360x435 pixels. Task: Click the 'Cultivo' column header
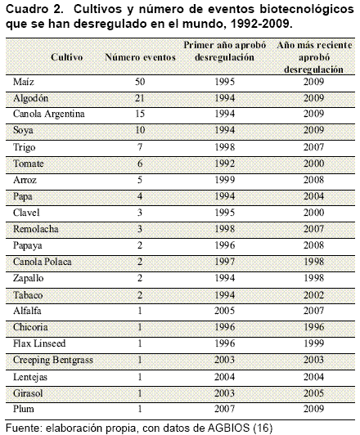click(x=67, y=57)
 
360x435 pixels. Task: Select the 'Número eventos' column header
click(x=140, y=57)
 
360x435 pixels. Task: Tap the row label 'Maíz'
click(x=24, y=82)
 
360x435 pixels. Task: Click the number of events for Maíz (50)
click(x=140, y=82)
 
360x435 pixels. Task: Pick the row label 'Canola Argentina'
click(x=48, y=114)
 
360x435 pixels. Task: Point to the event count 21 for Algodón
click(x=140, y=98)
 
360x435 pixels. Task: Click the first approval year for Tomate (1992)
click(x=224, y=164)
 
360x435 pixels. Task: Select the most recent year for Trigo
click(x=313, y=146)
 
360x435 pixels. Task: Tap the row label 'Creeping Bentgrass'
click(x=52, y=360)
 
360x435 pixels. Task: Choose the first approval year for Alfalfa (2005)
click(x=224, y=311)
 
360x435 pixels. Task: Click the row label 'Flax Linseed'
click(x=39, y=343)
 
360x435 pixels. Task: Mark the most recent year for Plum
click(x=313, y=409)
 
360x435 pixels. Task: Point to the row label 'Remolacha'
click(x=35, y=229)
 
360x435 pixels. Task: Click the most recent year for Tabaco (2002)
click(x=313, y=295)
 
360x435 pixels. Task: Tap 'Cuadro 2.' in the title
click(x=34, y=9)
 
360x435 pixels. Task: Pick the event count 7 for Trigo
click(x=140, y=146)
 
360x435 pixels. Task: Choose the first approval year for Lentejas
click(x=224, y=377)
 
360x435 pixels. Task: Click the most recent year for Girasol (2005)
click(x=313, y=393)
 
